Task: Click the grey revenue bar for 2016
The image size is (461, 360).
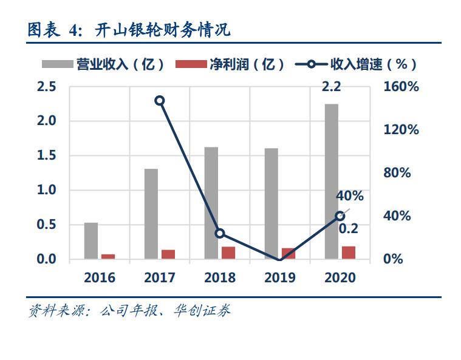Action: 91,241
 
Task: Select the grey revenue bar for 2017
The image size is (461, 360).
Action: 151,214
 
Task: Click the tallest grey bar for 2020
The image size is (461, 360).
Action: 331,182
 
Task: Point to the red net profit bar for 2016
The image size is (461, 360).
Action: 108,257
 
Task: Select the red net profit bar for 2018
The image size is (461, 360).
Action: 228,253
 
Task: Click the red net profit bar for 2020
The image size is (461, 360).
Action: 349,253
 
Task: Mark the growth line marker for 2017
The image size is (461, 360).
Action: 160,101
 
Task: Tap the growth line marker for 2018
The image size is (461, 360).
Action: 220,234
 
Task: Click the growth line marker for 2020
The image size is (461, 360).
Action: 340,216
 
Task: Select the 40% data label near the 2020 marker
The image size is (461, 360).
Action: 350,196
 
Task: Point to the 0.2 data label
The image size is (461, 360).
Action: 348,229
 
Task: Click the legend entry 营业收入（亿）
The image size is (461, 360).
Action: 103,64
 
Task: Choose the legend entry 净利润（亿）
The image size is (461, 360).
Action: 231,64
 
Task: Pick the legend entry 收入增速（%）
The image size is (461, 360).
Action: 358,64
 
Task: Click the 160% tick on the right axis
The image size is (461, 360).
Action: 401,87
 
